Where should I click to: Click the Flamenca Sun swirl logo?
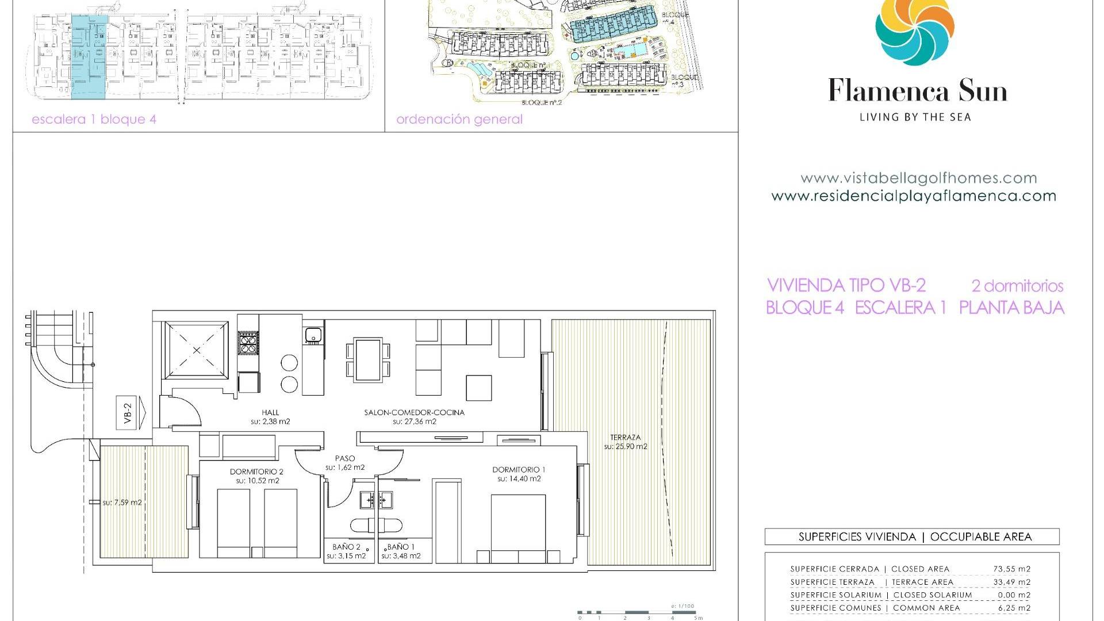click(x=914, y=29)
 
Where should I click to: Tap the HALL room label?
click(x=270, y=416)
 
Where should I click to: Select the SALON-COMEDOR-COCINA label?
click(x=414, y=416)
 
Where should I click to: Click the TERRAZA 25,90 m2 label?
click(x=626, y=442)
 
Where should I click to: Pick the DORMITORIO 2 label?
click(x=256, y=476)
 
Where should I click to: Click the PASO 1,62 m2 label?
click(x=345, y=462)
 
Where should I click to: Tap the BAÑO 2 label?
click(x=346, y=551)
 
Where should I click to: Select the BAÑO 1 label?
click(x=401, y=551)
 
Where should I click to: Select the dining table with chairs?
click(x=368, y=360)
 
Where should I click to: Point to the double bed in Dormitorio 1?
click(x=518, y=526)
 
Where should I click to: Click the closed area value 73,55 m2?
click(x=1011, y=569)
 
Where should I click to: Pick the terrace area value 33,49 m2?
click(x=1011, y=582)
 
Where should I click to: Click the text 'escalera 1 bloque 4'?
click(x=94, y=120)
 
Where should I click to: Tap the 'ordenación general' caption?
click(x=459, y=120)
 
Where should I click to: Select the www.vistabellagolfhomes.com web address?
click(x=918, y=178)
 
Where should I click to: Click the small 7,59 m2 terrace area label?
click(x=122, y=503)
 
